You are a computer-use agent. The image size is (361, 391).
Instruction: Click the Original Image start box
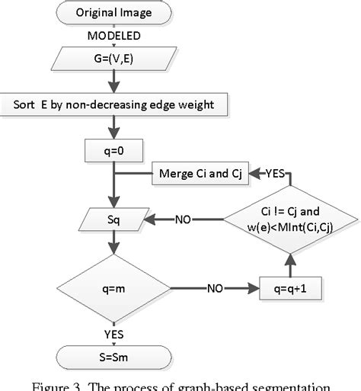tap(114, 13)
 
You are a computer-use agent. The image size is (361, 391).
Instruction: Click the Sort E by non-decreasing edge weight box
tap(114, 104)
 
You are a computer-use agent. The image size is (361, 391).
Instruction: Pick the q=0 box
tap(114, 152)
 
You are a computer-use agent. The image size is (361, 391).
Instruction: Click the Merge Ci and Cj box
tap(199, 174)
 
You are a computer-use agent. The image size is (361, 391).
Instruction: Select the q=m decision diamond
tap(114, 290)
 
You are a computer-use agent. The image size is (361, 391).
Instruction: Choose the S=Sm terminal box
tap(114, 354)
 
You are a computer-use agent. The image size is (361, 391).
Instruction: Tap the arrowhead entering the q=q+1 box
tap(254, 290)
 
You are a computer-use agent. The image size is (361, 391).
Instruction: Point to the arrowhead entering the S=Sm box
tap(114, 342)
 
